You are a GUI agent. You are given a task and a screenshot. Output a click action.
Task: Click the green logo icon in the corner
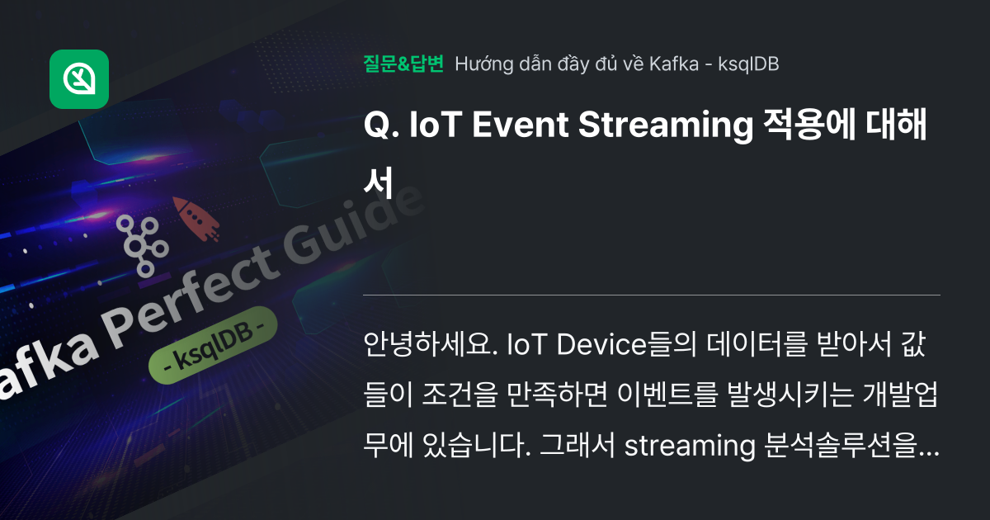(79, 79)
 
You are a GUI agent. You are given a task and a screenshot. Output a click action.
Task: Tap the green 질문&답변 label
(403, 64)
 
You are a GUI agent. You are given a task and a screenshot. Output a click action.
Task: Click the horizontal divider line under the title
(652, 295)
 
